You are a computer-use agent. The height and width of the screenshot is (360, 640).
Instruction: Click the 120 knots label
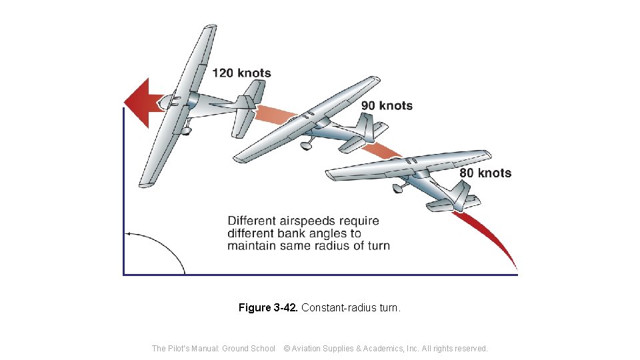[241, 73]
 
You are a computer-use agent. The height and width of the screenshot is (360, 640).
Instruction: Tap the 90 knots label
[387, 105]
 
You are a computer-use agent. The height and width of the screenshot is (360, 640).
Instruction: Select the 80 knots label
[485, 173]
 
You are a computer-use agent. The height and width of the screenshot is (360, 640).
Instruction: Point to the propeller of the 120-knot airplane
[167, 101]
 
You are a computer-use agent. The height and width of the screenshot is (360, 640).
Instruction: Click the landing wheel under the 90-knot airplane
[306, 145]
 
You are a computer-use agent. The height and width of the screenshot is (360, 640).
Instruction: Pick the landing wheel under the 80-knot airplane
[397, 189]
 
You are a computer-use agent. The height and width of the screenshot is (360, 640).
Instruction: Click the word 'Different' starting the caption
[252, 221]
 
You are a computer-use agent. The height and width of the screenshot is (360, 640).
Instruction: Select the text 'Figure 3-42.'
[268, 308]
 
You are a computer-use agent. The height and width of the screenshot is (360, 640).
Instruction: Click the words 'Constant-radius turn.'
[351, 308]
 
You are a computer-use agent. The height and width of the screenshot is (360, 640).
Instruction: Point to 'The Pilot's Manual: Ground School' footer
[213, 348]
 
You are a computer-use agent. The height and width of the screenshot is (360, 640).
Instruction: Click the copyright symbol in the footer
[287, 348]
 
